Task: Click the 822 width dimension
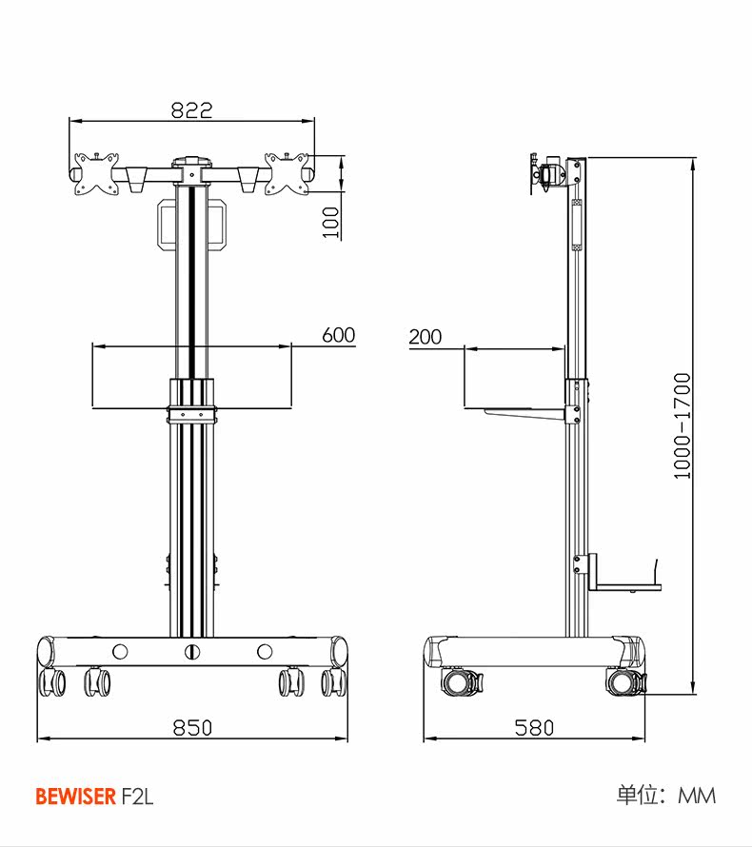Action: [191, 110]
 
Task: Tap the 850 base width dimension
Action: [192, 727]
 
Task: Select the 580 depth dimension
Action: [534, 727]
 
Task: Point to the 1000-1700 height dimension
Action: [682, 425]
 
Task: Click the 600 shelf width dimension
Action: [338, 335]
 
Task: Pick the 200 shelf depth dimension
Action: [425, 337]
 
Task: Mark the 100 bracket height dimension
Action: [331, 222]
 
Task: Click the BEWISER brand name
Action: [75, 797]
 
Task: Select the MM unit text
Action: [696, 796]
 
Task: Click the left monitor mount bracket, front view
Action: [99, 174]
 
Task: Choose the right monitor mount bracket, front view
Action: [287, 174]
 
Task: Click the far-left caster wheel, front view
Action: [53, 681]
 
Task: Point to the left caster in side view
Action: [461, 681]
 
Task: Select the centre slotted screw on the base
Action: [192, 652]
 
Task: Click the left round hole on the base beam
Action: [120, 652]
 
